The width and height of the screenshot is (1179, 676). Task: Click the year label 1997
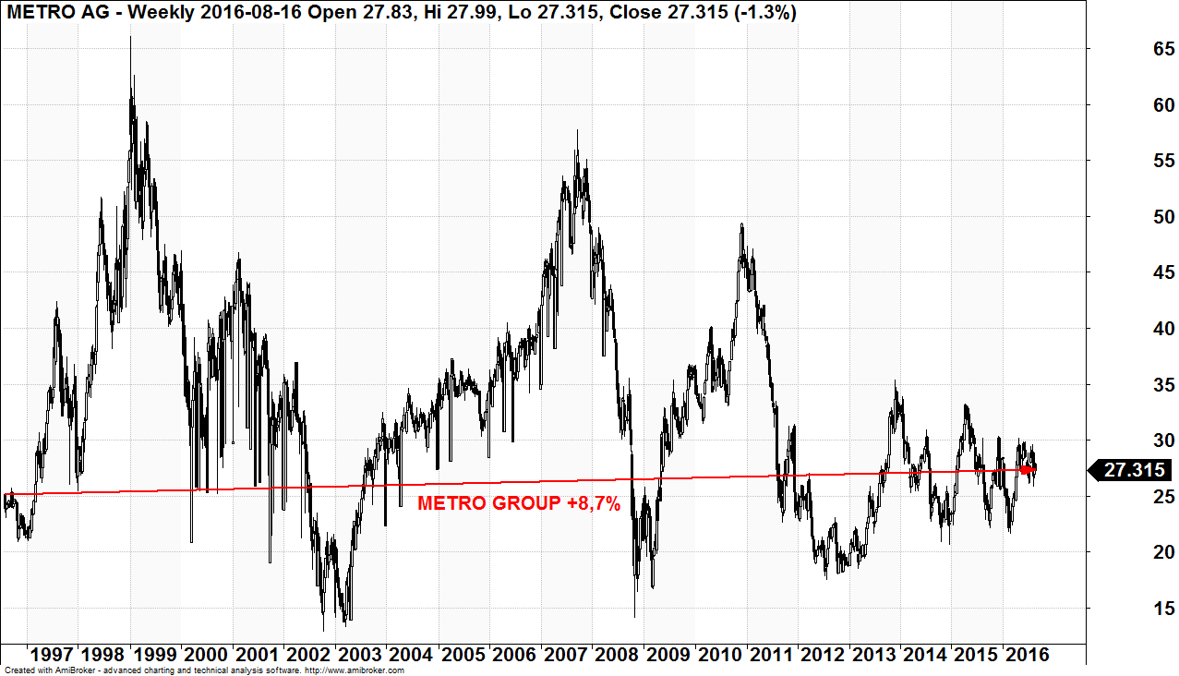coord(51,655)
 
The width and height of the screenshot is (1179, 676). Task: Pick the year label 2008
coord(615,655)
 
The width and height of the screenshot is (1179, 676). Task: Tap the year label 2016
coord(1026,655)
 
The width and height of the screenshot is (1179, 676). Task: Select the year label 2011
coord(770,655)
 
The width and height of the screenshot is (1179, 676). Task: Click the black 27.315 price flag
coord(1132,470)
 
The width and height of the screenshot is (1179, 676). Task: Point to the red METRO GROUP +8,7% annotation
coord(519,503)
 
